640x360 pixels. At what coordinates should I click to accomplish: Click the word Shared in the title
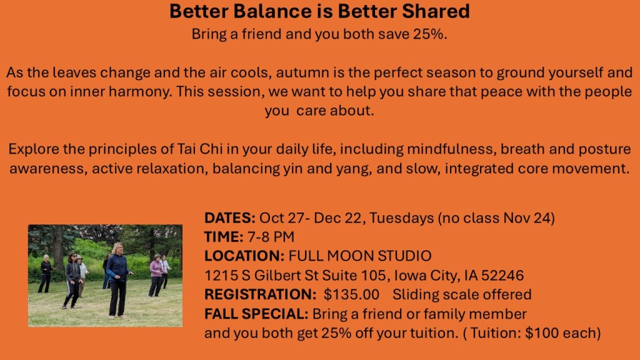pos(436,11)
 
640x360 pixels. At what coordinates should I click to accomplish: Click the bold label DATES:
pos(230,217)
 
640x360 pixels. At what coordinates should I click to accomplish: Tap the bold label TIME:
pos(224,237)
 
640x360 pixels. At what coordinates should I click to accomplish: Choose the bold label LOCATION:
pos(244,256)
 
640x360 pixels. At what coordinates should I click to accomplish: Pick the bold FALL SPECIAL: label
pos(256,314)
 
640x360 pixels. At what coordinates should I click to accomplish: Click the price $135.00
pos(351,294)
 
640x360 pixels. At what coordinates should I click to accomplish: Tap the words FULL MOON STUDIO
pos(360,256)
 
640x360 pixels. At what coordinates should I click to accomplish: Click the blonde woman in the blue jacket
pos(118,279)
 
